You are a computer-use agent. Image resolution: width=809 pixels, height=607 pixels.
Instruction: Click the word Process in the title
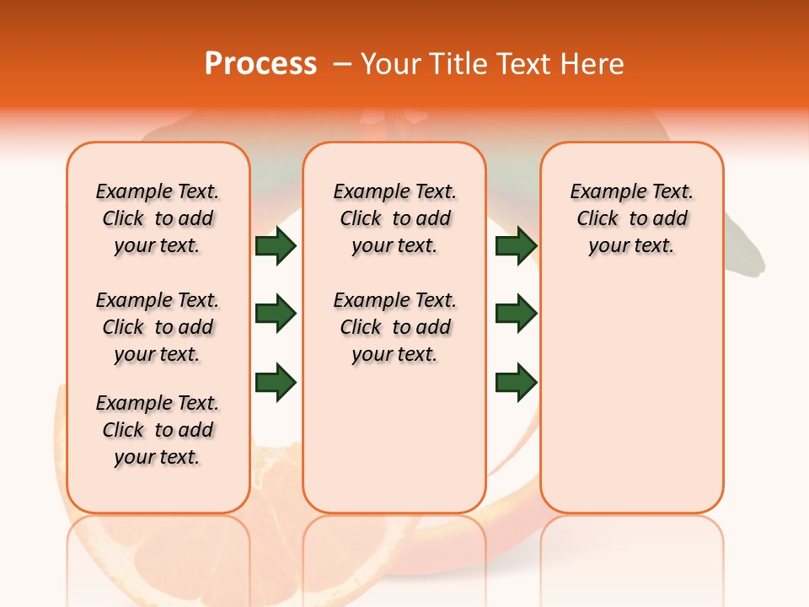click(260, 64)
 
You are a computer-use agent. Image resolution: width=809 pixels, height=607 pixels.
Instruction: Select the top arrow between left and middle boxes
click(276, 245)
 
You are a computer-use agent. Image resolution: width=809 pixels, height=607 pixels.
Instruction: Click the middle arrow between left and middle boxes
click(276, 314)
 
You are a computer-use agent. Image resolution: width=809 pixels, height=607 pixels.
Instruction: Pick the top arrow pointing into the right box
click(516, 245)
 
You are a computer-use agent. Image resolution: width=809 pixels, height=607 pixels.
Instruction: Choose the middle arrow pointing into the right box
click(516, 314)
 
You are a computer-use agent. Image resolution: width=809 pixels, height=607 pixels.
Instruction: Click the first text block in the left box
click(158, 218)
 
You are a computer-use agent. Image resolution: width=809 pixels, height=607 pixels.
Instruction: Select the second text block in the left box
click(158, 327)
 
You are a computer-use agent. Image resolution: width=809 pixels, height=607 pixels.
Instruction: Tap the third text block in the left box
click(158, 430)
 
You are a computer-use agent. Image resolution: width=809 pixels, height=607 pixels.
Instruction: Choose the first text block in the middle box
click(394, 218)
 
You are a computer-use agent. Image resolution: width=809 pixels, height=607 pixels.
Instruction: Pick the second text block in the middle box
click(394, 327)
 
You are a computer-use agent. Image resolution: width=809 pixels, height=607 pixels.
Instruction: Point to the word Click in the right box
click(597, 218)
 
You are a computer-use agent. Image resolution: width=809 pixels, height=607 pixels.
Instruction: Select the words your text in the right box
click(631, 246)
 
